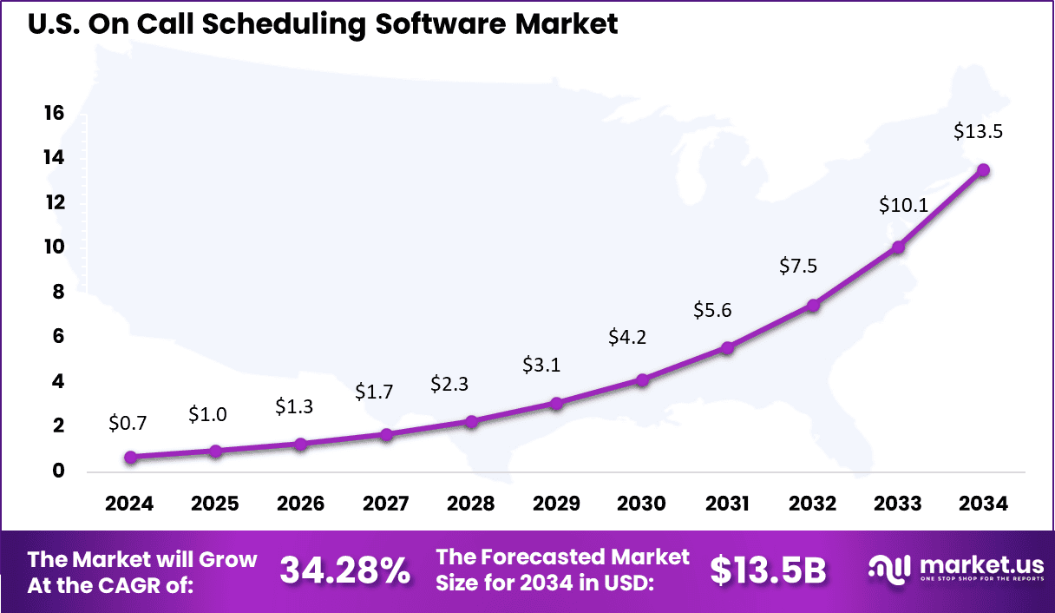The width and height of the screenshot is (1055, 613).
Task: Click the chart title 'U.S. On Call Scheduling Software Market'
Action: click(323, 23)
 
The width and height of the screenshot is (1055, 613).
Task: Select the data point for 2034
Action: click(984, 170)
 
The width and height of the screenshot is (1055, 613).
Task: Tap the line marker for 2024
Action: click(130, 457)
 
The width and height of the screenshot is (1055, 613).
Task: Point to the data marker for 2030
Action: click(642, 379)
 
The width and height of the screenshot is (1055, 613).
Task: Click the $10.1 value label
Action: click(904, 206)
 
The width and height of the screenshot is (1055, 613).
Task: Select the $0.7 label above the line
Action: click(128, 424)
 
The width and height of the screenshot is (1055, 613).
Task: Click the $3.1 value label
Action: click(541, 366)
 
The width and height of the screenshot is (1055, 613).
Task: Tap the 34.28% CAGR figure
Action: click(344, 570)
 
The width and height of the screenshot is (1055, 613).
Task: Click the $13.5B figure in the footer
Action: click(767, 570)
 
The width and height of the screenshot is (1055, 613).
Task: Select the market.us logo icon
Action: click(886, 569)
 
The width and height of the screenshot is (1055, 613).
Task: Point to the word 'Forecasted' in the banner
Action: click(560, 557)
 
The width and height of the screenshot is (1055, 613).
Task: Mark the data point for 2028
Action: click(471, 421)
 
